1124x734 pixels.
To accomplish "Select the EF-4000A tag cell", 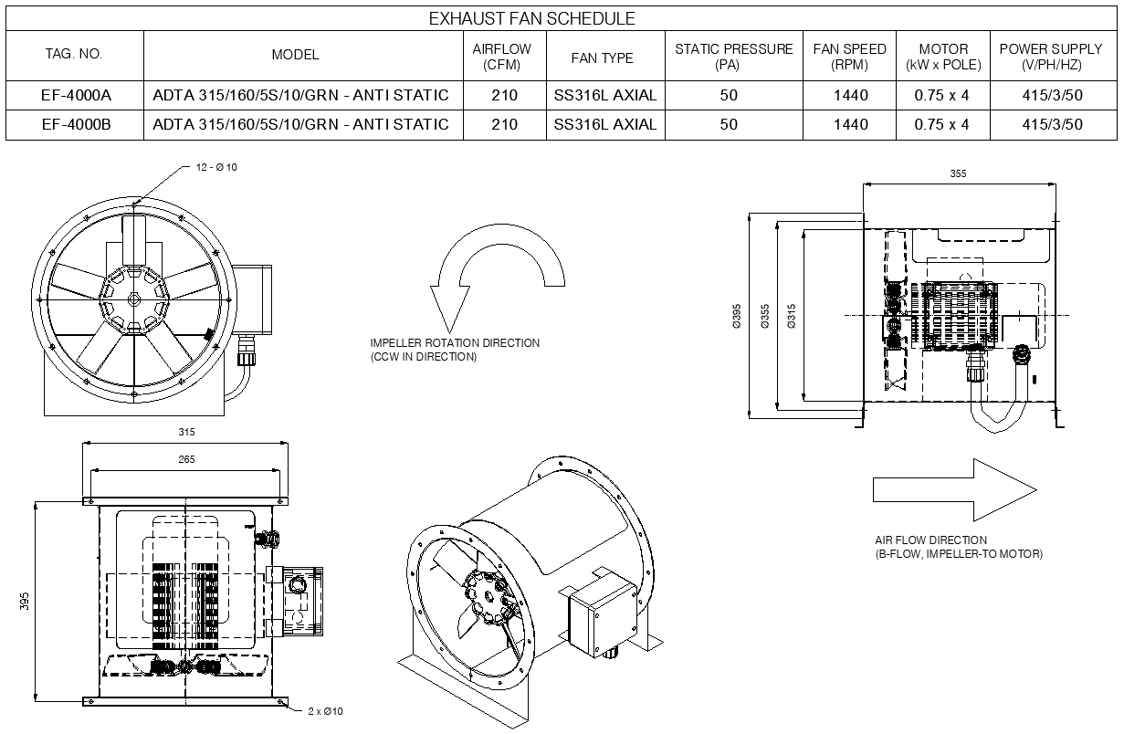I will (x=75, y=95).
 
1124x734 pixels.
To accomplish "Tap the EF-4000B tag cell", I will (x=75, y=124).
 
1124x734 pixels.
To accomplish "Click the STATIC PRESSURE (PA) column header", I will (x=733, y=57).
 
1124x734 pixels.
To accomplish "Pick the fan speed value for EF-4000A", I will (x=849, y=95).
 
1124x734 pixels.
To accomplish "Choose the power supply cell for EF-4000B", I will (x=1052, y=124).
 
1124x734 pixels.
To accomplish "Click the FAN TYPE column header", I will (x=602, y=58).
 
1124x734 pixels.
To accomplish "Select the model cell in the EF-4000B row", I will (x=301, y=124).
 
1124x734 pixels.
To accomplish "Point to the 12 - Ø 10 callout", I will (x=216, y=167).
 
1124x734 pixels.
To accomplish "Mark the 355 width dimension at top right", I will (x=957, y=173).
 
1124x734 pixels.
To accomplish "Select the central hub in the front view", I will (x=133, y=298).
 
